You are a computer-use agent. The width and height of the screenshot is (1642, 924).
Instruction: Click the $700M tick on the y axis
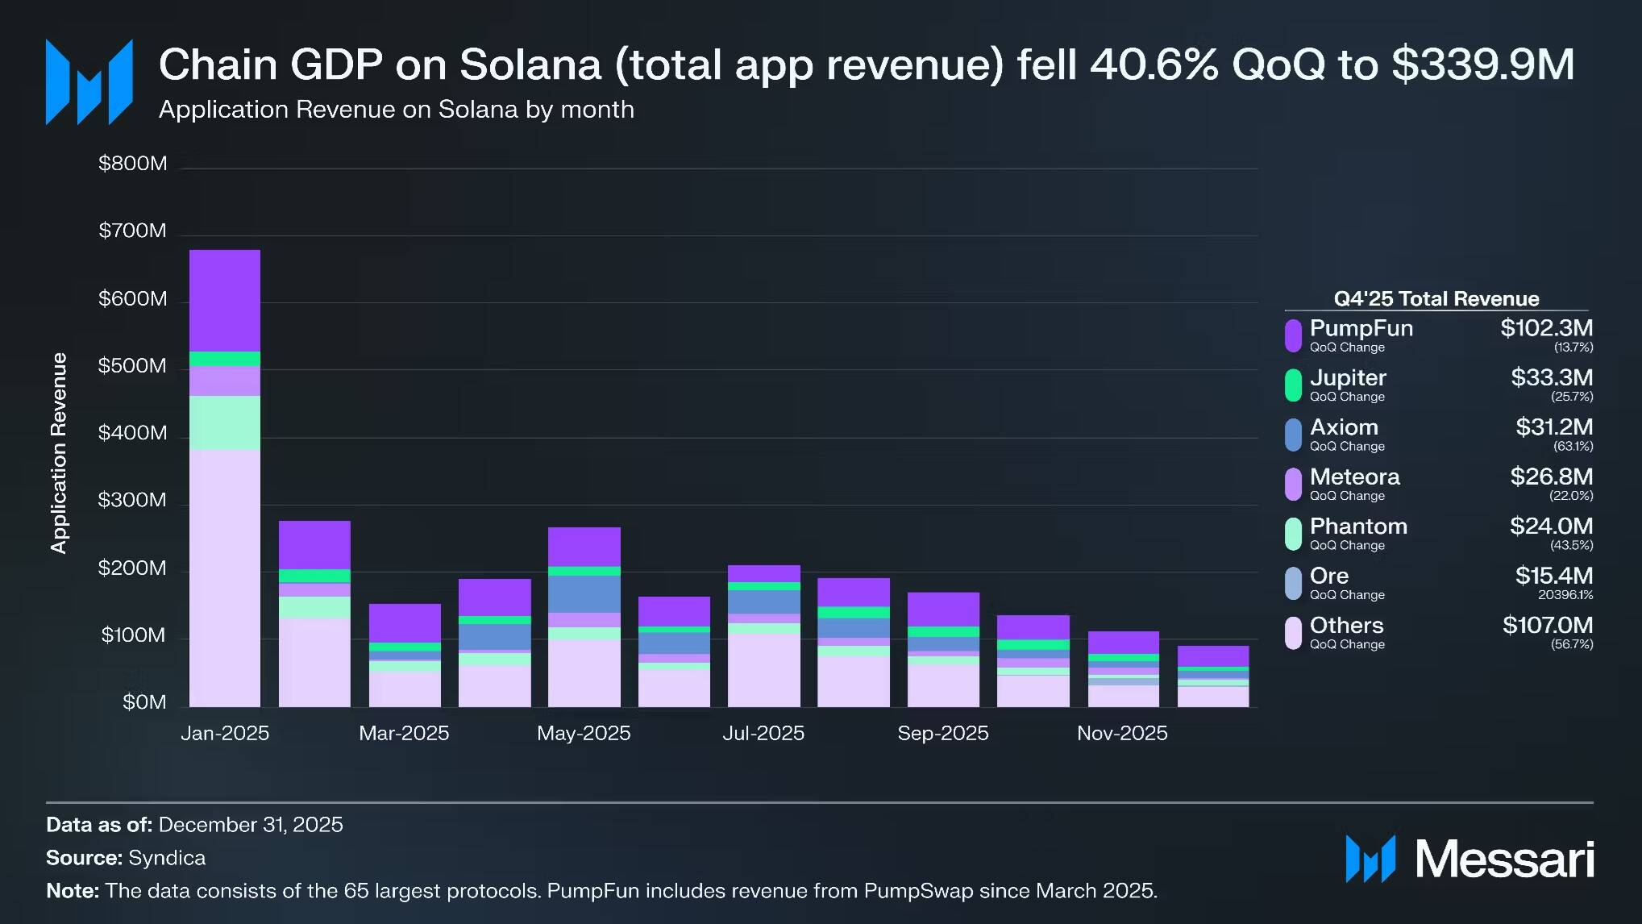(x=132, y=231)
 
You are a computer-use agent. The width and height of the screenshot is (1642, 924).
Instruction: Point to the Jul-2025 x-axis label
(x=763, y=733)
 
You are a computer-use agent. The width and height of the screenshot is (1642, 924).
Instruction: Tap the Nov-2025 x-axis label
(x=1122, y=733)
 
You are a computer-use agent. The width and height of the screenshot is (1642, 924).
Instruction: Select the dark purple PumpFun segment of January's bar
(x=225, y=300)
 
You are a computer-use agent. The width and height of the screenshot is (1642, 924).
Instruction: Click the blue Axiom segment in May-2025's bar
(x=584, y=593)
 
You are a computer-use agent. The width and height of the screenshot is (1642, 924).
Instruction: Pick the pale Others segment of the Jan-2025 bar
(x=225, y=577)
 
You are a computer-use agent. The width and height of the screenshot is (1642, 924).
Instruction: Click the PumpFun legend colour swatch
(x=1293, y=335)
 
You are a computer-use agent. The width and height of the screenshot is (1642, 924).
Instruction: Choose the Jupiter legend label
(x=1348, y=378)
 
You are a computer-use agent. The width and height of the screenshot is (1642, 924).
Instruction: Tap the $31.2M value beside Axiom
(x=1553, y=427)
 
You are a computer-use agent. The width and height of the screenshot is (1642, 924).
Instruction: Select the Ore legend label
(x=1329, y=576)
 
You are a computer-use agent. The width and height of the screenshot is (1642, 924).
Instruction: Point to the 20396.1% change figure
(x=1565, y=595)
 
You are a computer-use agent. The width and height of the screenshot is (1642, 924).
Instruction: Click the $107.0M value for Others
(x=1547, y=626)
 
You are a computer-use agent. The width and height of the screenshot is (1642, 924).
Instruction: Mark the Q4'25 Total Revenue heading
(x=1436, y=299)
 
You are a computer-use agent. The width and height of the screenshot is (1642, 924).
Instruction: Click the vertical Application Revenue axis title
(x=59, y=452)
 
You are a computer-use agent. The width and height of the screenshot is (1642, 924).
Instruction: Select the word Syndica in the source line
(x=167, y=858)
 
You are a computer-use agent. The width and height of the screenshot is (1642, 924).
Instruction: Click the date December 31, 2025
(x=251, y=825)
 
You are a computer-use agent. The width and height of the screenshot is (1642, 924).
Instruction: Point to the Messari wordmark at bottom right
(x=1504, y=859)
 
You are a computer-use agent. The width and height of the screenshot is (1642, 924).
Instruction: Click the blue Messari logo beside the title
(x=89, y=81)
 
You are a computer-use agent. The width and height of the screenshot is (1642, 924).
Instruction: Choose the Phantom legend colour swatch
(x=1293, y=534)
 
